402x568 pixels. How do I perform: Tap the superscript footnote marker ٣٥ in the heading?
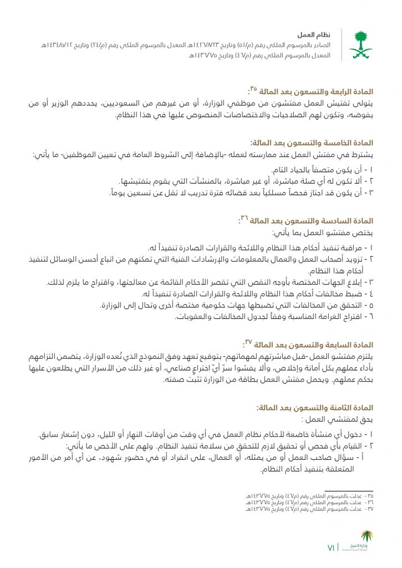(x=253, y=88)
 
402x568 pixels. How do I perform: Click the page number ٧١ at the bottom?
(x=331, y=548)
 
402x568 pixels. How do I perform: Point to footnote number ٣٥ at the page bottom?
(x=369, y=494)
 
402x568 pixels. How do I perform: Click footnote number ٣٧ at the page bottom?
(x=369, y=508)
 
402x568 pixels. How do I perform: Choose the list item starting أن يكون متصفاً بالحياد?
(x=323, y=169)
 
